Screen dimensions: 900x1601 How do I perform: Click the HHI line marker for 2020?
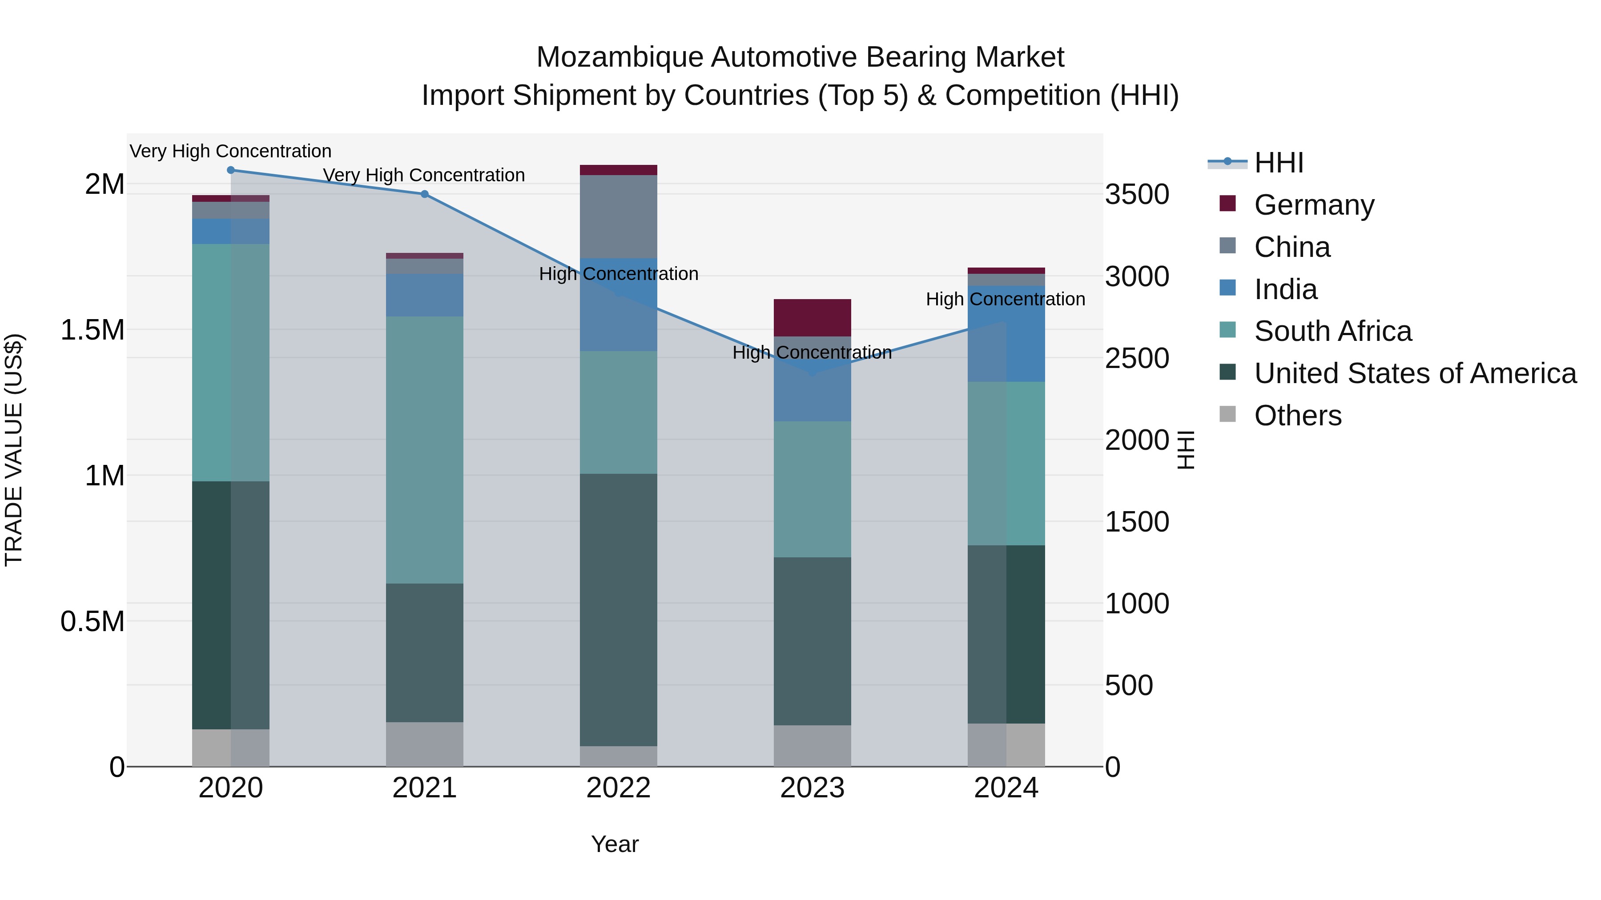[230, 170]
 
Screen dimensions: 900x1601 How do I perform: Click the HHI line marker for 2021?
[425, 194]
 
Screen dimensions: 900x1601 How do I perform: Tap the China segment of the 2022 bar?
[619, 216]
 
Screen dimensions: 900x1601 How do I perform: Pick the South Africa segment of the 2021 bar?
[425, 450]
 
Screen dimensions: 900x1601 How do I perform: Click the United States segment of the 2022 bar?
[619, 609]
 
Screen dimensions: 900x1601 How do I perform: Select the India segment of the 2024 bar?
[1006, 333]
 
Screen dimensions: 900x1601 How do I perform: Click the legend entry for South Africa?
[1332, 331]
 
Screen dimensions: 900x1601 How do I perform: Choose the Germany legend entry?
[1313, 204]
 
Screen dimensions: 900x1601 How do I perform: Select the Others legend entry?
[1297, 416]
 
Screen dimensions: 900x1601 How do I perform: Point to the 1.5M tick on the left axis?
[93, 330]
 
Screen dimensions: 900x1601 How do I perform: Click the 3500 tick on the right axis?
[1137, 194]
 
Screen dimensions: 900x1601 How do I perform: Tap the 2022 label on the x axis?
[619, 788]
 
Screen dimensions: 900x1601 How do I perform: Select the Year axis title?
[615, 844]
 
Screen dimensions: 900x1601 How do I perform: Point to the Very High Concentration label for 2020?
[230, 151]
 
